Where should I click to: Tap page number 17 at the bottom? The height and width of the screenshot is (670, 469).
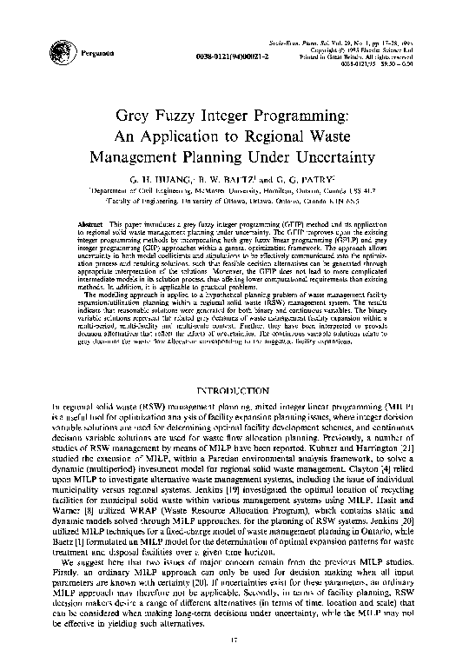234,641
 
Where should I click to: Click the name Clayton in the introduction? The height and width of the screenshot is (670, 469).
339,468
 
